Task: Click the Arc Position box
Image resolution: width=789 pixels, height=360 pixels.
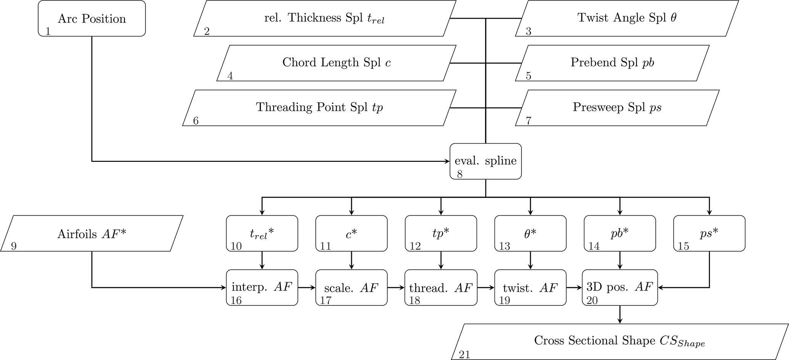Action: (x=92, y=18)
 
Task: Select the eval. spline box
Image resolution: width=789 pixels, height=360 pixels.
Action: (x=485, y=161)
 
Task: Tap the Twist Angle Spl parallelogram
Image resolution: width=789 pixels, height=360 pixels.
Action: (x=626, y=18)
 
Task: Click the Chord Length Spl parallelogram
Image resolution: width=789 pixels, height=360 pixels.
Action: (x=336, y=63)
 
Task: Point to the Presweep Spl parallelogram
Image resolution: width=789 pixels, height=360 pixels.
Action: (x=617, y=107)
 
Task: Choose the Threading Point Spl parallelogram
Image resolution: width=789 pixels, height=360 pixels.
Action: (x=319, y=107)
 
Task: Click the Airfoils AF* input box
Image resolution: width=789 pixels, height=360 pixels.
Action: (x=92, y=233)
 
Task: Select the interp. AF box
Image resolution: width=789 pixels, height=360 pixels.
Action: (x=262, y=287)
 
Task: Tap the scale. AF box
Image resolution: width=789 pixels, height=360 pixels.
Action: (x=351, y=287)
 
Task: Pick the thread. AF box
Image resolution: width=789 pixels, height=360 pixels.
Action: (x=440, y=287)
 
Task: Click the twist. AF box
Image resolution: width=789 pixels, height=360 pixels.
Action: (x=530, y=287)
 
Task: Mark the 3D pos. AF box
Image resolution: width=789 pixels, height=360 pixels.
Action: (x=620, y=287)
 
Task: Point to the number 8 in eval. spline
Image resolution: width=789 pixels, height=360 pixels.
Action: (x=460, y=174)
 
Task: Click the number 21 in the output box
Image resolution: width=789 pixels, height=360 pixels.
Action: (x=464, y=355)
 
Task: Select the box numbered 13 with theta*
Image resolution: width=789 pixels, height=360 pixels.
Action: (x=530, y=233)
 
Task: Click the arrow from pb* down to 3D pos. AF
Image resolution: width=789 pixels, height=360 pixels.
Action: (x=620, y=260)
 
